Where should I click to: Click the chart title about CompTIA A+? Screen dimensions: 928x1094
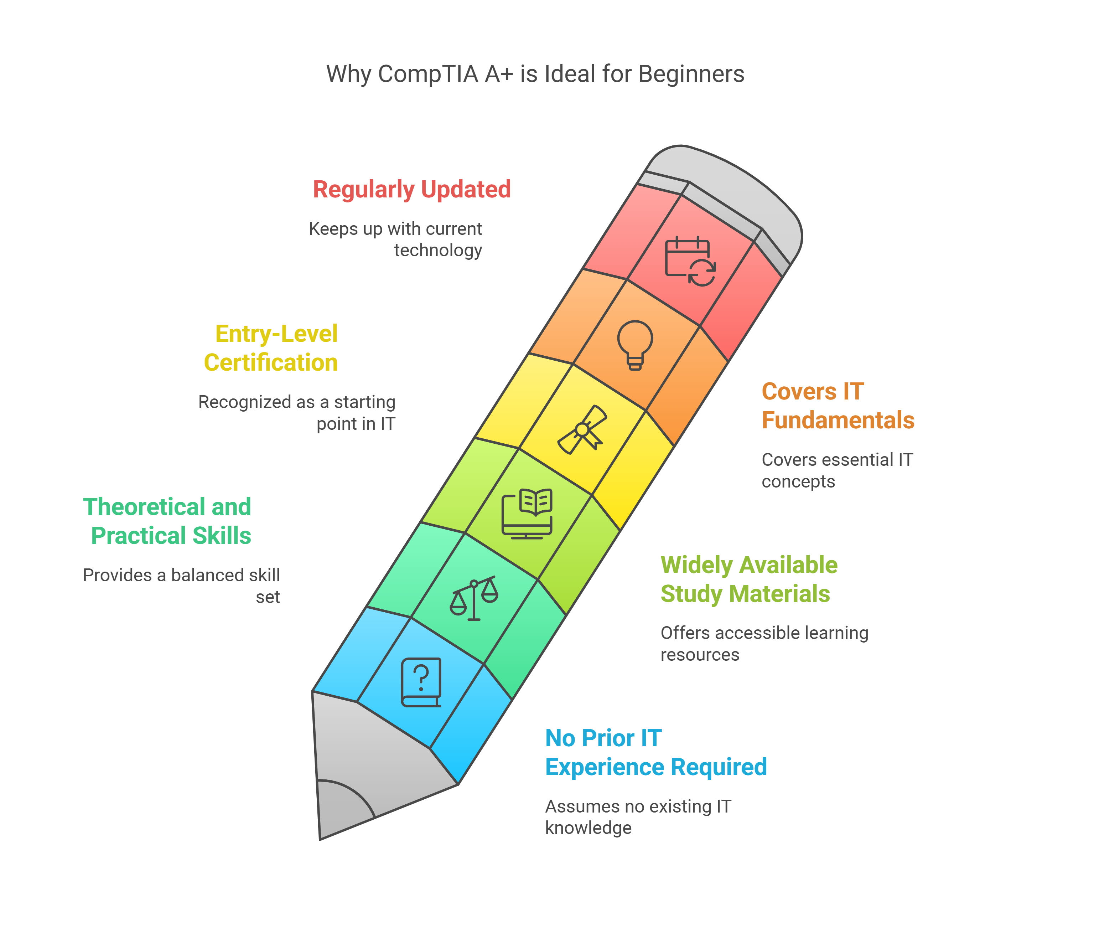coord(535,74)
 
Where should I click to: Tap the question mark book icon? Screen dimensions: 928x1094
coord(421,682)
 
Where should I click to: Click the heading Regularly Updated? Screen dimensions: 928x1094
coord(412,189)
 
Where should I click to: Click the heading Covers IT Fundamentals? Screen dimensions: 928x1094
coord(838,406)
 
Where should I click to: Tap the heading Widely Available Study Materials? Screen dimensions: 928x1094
coord(748,579)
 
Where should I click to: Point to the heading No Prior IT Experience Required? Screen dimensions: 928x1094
coord(655,752)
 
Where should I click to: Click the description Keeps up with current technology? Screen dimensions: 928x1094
coord(395,239)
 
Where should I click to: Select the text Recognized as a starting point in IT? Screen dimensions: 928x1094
coord(297,412)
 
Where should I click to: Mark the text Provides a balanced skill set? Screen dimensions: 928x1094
coord(181,586)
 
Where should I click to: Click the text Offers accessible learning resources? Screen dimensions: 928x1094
coord(764,643)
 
